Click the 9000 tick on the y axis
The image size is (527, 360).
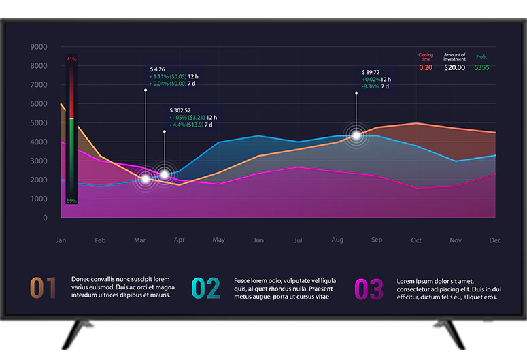pos(39,47)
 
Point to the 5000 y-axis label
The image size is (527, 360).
pos(39,123)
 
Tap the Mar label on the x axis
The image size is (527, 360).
pos(140,240)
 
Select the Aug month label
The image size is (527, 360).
pos(337,240)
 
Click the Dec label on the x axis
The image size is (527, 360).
pos(495,240)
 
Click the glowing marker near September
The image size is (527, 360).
pos(356,135)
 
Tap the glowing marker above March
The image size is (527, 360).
pos(145,180)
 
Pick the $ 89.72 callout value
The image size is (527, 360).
pos(371,72)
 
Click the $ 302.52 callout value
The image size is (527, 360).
pos(180,110)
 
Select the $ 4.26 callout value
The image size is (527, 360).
pos(157,69)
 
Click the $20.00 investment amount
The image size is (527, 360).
pos(454,67)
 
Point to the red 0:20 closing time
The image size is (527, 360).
pos(425,67)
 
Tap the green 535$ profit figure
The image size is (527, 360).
pos(481,67)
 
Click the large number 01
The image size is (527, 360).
pos(43,289)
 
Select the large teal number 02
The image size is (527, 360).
pos(205,289)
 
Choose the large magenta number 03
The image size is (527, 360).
pos(369,289)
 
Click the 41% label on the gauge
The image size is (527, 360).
pos(71,59)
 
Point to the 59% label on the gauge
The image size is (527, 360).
pos(71,201)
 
